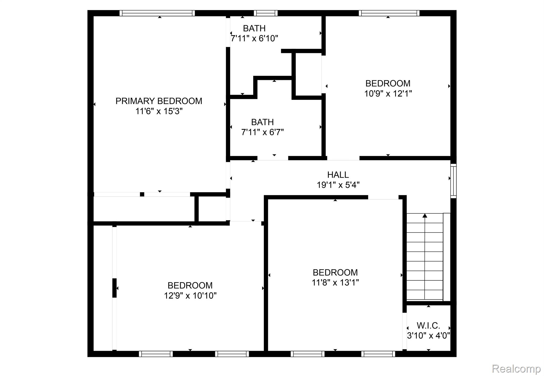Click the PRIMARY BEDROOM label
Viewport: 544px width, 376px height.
coord(159,101)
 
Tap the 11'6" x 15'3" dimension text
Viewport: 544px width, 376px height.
coord(159,111)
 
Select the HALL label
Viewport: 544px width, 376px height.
coord(338,175)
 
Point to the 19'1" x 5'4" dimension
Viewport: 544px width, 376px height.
coord(338,185)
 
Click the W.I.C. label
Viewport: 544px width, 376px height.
coord(428,325)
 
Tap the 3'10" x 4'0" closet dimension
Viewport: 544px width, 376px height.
coord(428,336)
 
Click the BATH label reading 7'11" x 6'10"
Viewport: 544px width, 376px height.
coord(254,28)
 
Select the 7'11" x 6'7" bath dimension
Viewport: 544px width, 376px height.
coord(262,132)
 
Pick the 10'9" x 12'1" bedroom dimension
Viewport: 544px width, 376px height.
coord(388,94)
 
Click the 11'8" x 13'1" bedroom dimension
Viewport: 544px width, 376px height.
coord(335,283)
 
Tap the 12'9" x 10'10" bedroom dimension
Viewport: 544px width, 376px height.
coord(190,296)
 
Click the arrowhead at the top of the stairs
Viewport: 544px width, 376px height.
coord(425,215)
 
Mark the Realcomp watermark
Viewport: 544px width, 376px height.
coord(516,369)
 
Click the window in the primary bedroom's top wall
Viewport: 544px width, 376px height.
coord(157,13)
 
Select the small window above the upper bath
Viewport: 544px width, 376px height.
coord(265,13)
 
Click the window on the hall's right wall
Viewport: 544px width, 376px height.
coord(453,181)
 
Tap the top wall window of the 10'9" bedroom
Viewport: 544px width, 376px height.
coord(389,13)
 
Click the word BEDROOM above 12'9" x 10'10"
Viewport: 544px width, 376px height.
coord(190,285)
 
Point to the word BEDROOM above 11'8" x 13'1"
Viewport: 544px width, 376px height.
coord(335,272)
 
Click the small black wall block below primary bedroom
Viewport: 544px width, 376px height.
coord(142,194)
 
